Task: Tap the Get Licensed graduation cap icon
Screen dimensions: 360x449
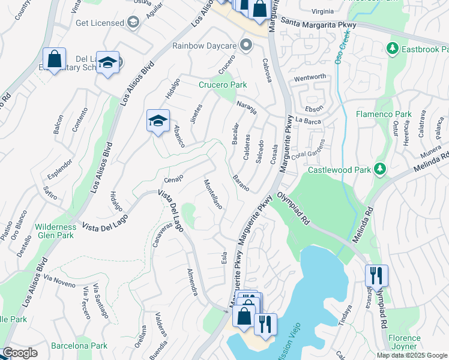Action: [x=133, y=23]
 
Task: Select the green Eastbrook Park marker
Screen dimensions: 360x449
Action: [x=393, y=47]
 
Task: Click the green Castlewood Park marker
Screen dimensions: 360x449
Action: [x=379, y=170]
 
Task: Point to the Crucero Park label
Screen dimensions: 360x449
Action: [x=223, y=85]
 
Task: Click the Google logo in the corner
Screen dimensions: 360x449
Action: [x=19, y=353]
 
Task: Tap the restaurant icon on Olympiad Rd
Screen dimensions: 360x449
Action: [x=376, y=275]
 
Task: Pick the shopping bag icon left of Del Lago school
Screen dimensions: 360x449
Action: [x=54, y=59]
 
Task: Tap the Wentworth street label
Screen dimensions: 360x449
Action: [x=310, y=77]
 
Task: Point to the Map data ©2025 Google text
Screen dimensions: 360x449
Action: [x=412, y=355]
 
